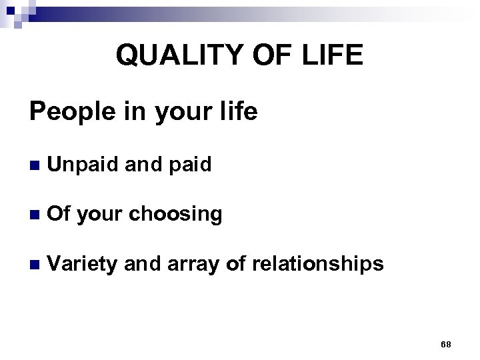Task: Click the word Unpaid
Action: (89, 164)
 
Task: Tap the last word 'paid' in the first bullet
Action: (189, 164)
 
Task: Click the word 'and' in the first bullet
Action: (143, 164)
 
